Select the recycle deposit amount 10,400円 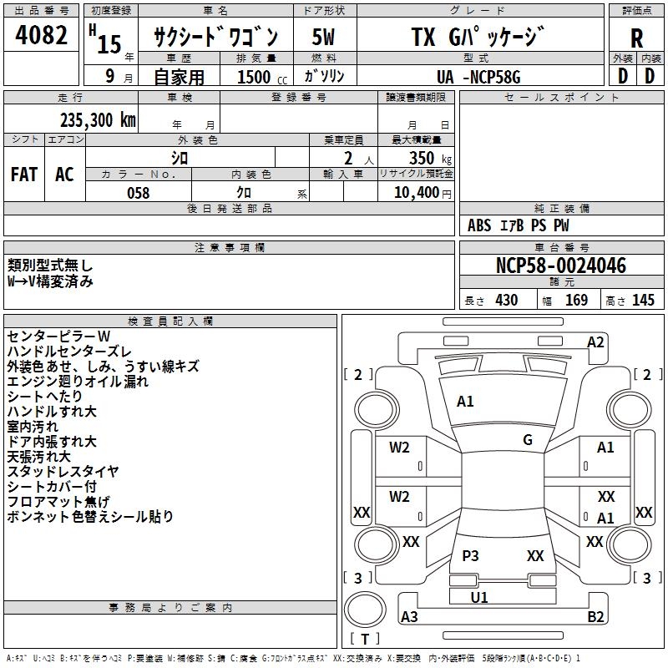[x=417, y=193]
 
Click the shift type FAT [x=23, y=175]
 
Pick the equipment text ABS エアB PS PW [x=519, y=225]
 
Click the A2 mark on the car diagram [x=595, y=342]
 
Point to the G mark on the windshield [x=528, y=440]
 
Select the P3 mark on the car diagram [x=471, y=556]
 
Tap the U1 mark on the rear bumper [x=479, y=597]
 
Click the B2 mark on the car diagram [x=596, y=617]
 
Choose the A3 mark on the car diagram [x=409, y=617]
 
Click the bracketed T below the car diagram [x=365, y=640]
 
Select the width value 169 [x=576, y=301]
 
